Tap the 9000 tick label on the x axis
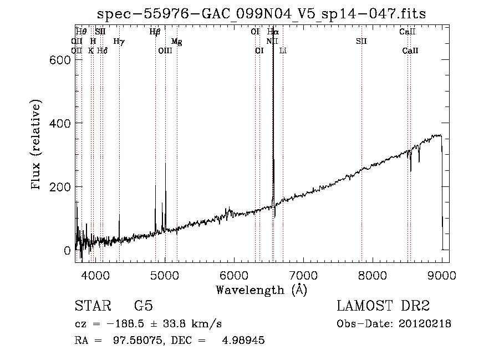(442, 275)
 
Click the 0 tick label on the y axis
(67, 251)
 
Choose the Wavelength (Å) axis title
(261, 290)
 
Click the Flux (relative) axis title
(37, 145)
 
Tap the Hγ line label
(119, 41)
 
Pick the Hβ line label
(155, 32)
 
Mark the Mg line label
(176, 42)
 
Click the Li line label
(283, 50)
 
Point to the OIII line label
(165, 50)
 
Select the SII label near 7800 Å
(361, 41)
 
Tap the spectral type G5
(143, 306)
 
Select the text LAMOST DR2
(383, 306)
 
